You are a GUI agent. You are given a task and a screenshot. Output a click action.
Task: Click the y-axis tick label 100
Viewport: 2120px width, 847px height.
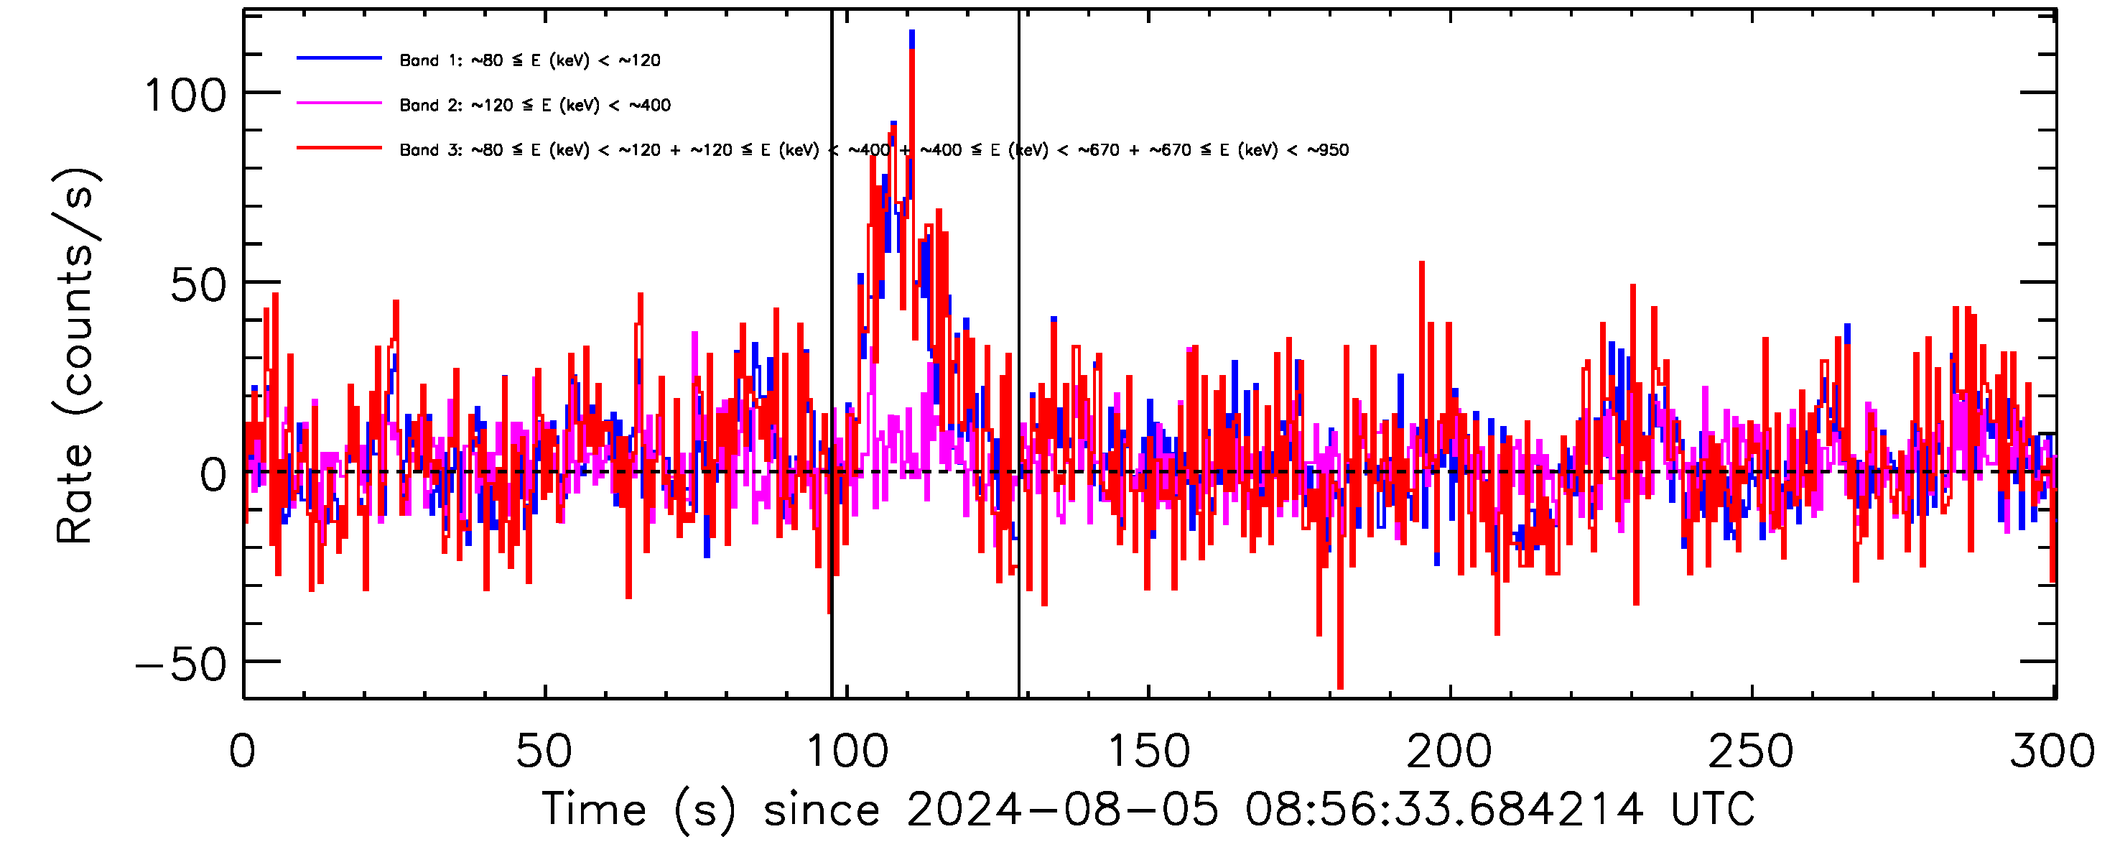185,96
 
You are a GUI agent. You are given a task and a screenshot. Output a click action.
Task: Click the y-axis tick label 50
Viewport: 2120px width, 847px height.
197,286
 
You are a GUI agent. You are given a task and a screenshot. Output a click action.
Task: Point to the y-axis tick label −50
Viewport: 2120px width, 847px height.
181,665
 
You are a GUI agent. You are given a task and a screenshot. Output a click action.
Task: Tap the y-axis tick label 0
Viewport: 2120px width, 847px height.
213,476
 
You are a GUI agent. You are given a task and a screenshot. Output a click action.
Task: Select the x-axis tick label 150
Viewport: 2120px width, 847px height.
1149,751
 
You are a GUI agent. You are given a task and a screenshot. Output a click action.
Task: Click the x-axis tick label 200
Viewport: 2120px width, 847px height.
1449,751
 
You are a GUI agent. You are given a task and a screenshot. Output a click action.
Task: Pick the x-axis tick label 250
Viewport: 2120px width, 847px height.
1752,751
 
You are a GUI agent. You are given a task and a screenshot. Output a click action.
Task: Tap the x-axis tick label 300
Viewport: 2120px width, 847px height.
2052,751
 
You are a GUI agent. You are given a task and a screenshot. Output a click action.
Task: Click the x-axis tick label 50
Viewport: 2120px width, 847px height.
544,751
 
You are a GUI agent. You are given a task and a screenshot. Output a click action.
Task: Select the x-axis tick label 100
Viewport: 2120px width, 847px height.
847,751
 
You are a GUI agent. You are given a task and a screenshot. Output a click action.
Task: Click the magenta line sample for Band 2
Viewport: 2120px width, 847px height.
339,103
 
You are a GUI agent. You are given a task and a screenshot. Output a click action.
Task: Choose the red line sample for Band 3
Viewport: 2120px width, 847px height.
339,148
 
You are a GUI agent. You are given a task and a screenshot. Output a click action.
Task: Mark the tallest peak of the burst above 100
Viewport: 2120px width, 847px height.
912,33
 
